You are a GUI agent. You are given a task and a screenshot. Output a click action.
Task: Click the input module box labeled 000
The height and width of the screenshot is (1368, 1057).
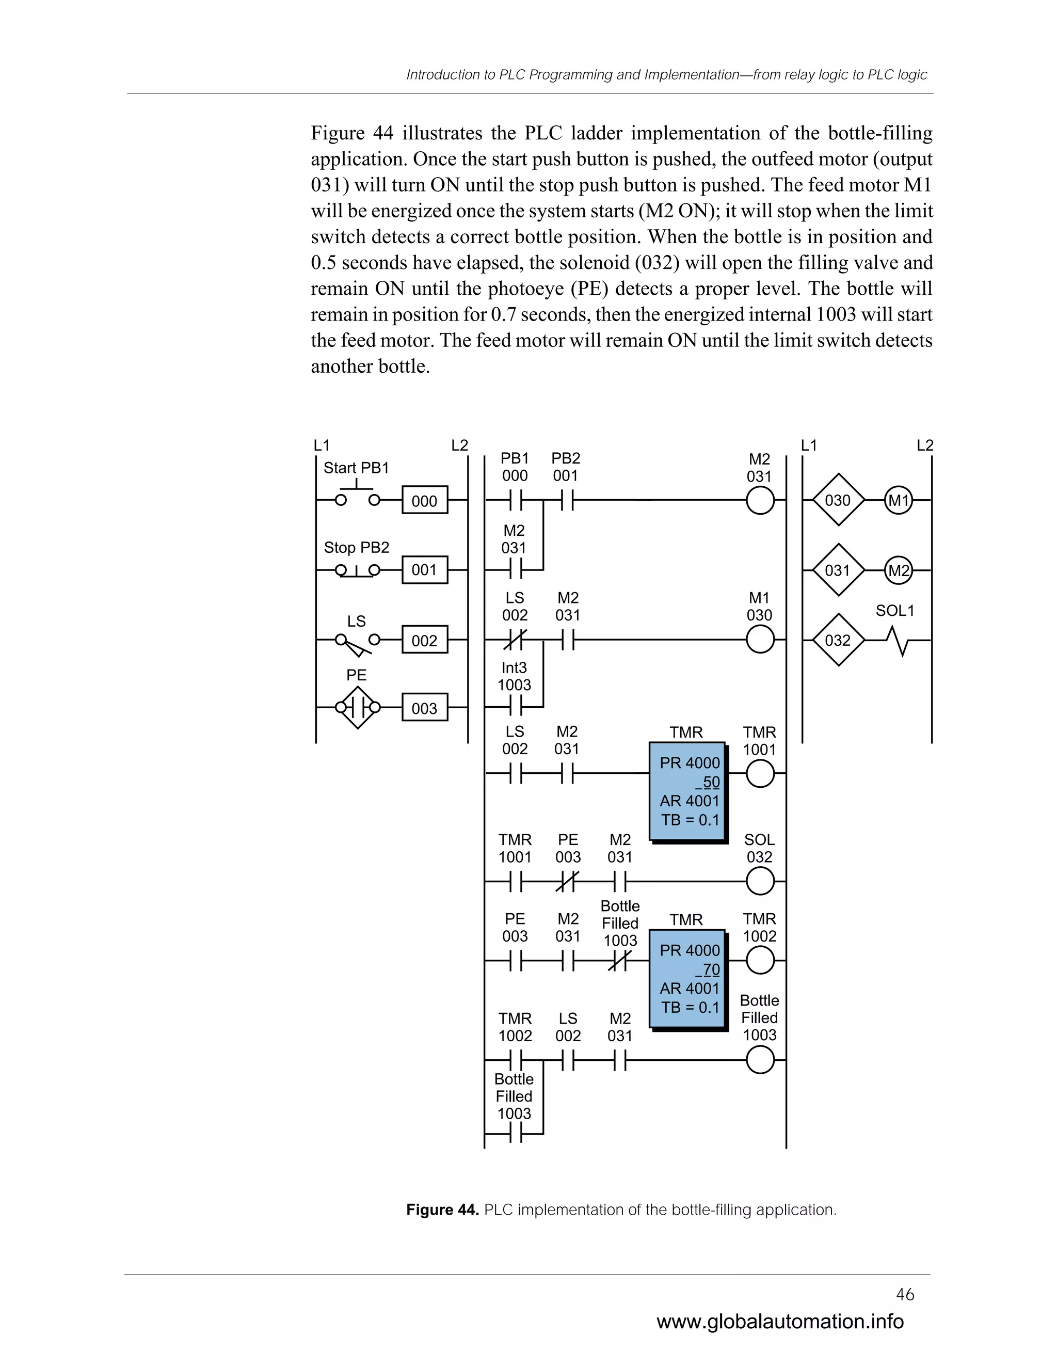pyautogui.click(x=425, y=500)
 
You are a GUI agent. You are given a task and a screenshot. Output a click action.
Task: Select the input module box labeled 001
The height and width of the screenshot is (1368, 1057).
pyautogui.click(x=425, y=570)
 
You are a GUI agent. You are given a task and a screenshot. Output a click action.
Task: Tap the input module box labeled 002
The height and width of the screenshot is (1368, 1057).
pyautogui.click(x=425, y=640)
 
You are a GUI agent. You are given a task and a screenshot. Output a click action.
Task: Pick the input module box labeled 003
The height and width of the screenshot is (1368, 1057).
pyautogui.click(x=425, y=708)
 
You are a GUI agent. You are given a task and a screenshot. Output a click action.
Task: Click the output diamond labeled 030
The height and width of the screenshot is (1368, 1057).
pyautogui.click(x=838, y=500)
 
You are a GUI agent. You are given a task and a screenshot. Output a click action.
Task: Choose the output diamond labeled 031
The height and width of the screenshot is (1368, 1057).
pyautogui.click(x=838, y=570)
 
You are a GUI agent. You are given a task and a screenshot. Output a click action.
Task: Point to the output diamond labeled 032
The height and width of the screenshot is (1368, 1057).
pyautogui.click(x=838, y=640)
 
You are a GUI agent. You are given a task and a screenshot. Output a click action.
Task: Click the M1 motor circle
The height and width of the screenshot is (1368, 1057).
pyautogui.click(x=898, y=500)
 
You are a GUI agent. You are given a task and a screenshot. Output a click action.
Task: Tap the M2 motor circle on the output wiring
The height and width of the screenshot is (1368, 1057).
pyautogui.click(x=898, y=570)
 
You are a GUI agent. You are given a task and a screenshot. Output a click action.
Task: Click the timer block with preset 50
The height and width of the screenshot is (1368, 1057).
pyautogui.click(x=687, y=792)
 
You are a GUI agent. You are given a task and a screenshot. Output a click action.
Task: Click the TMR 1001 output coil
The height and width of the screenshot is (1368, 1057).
pyautogui.click(x=760, y=774)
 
